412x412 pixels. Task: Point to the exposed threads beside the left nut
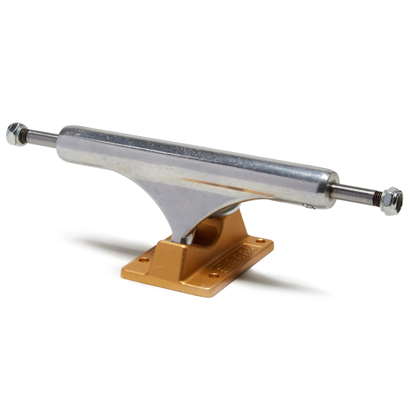(x=25, y=133)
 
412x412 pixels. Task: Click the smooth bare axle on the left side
(x=43, y=136)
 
